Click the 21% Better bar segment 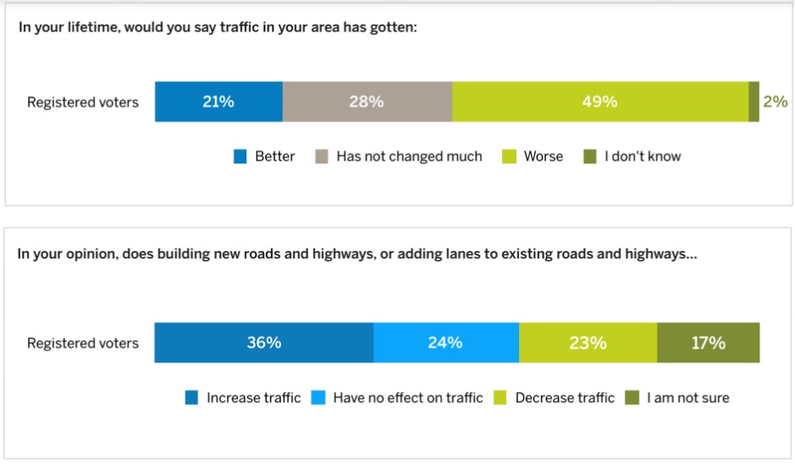218,102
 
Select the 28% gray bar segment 367,102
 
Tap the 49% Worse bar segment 600,102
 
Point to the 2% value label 775,102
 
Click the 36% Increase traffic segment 263,343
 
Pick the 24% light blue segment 445,343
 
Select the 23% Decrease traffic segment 588,343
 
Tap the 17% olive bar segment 708,343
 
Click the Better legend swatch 240,156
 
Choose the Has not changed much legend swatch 322,156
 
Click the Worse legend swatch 510,156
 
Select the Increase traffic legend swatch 192,398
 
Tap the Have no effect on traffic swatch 319,398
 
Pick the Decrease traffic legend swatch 501,398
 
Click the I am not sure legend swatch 632,398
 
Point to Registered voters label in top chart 82,102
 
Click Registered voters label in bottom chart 82,344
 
